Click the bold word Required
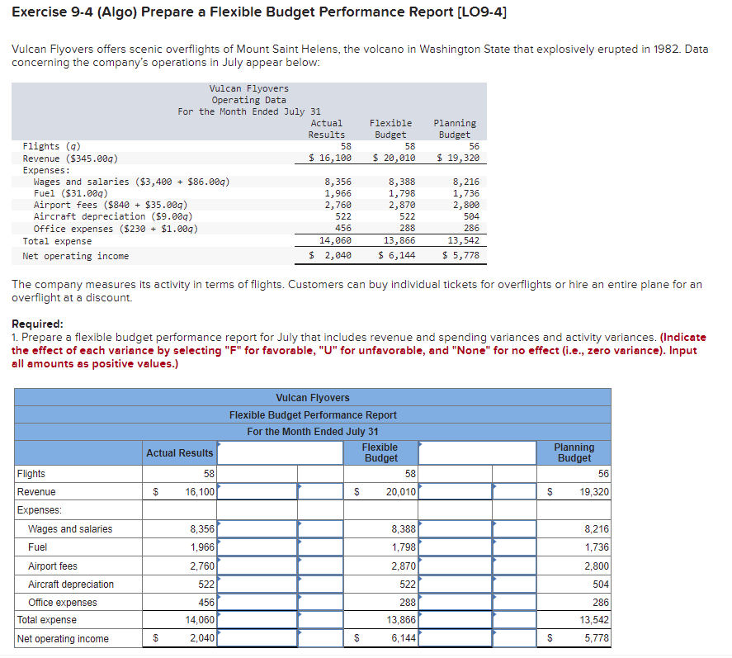(37, 324)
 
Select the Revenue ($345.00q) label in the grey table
(70, 158)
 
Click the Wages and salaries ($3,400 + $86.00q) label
(131, 182)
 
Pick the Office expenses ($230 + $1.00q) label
(116, 229)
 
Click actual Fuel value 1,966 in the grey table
(338, 193)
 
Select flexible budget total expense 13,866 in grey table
(399, 241)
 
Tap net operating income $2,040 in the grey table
(330, 256)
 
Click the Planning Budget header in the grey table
(455, 129)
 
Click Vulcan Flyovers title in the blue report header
(312, 398)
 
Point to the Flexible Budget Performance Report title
(312, 414)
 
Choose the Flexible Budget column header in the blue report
(380, 452)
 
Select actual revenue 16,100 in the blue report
(199, 492)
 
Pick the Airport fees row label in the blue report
(53, 566)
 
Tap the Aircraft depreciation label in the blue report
(71, 585)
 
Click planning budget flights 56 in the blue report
(603, 474)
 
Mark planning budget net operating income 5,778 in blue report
(596, 638)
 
